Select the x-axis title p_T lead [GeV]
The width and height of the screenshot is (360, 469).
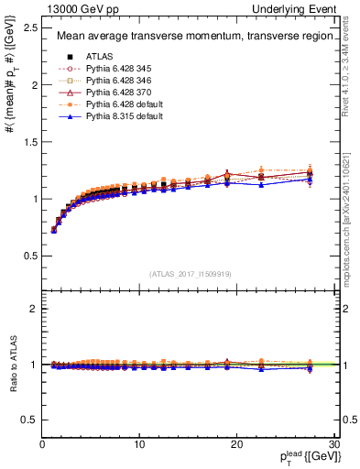click(x=302, y=457)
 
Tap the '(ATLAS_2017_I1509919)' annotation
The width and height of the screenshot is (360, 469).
click(x=189, y=272)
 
